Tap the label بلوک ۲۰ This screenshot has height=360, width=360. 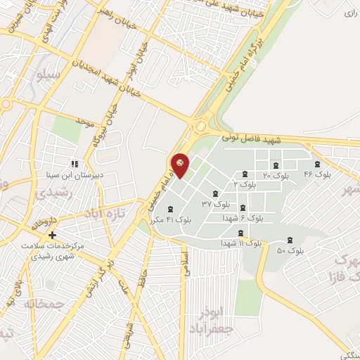coord(276,174)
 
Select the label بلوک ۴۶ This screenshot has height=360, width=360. coord(317,173)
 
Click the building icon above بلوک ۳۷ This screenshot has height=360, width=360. coord(214,193)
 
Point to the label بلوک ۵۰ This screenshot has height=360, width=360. coord(290,250)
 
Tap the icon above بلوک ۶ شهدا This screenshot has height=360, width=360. coord(243,207)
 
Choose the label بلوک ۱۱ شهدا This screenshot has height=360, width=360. coord(241,243)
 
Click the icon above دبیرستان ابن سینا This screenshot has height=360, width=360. coord(73,164)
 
